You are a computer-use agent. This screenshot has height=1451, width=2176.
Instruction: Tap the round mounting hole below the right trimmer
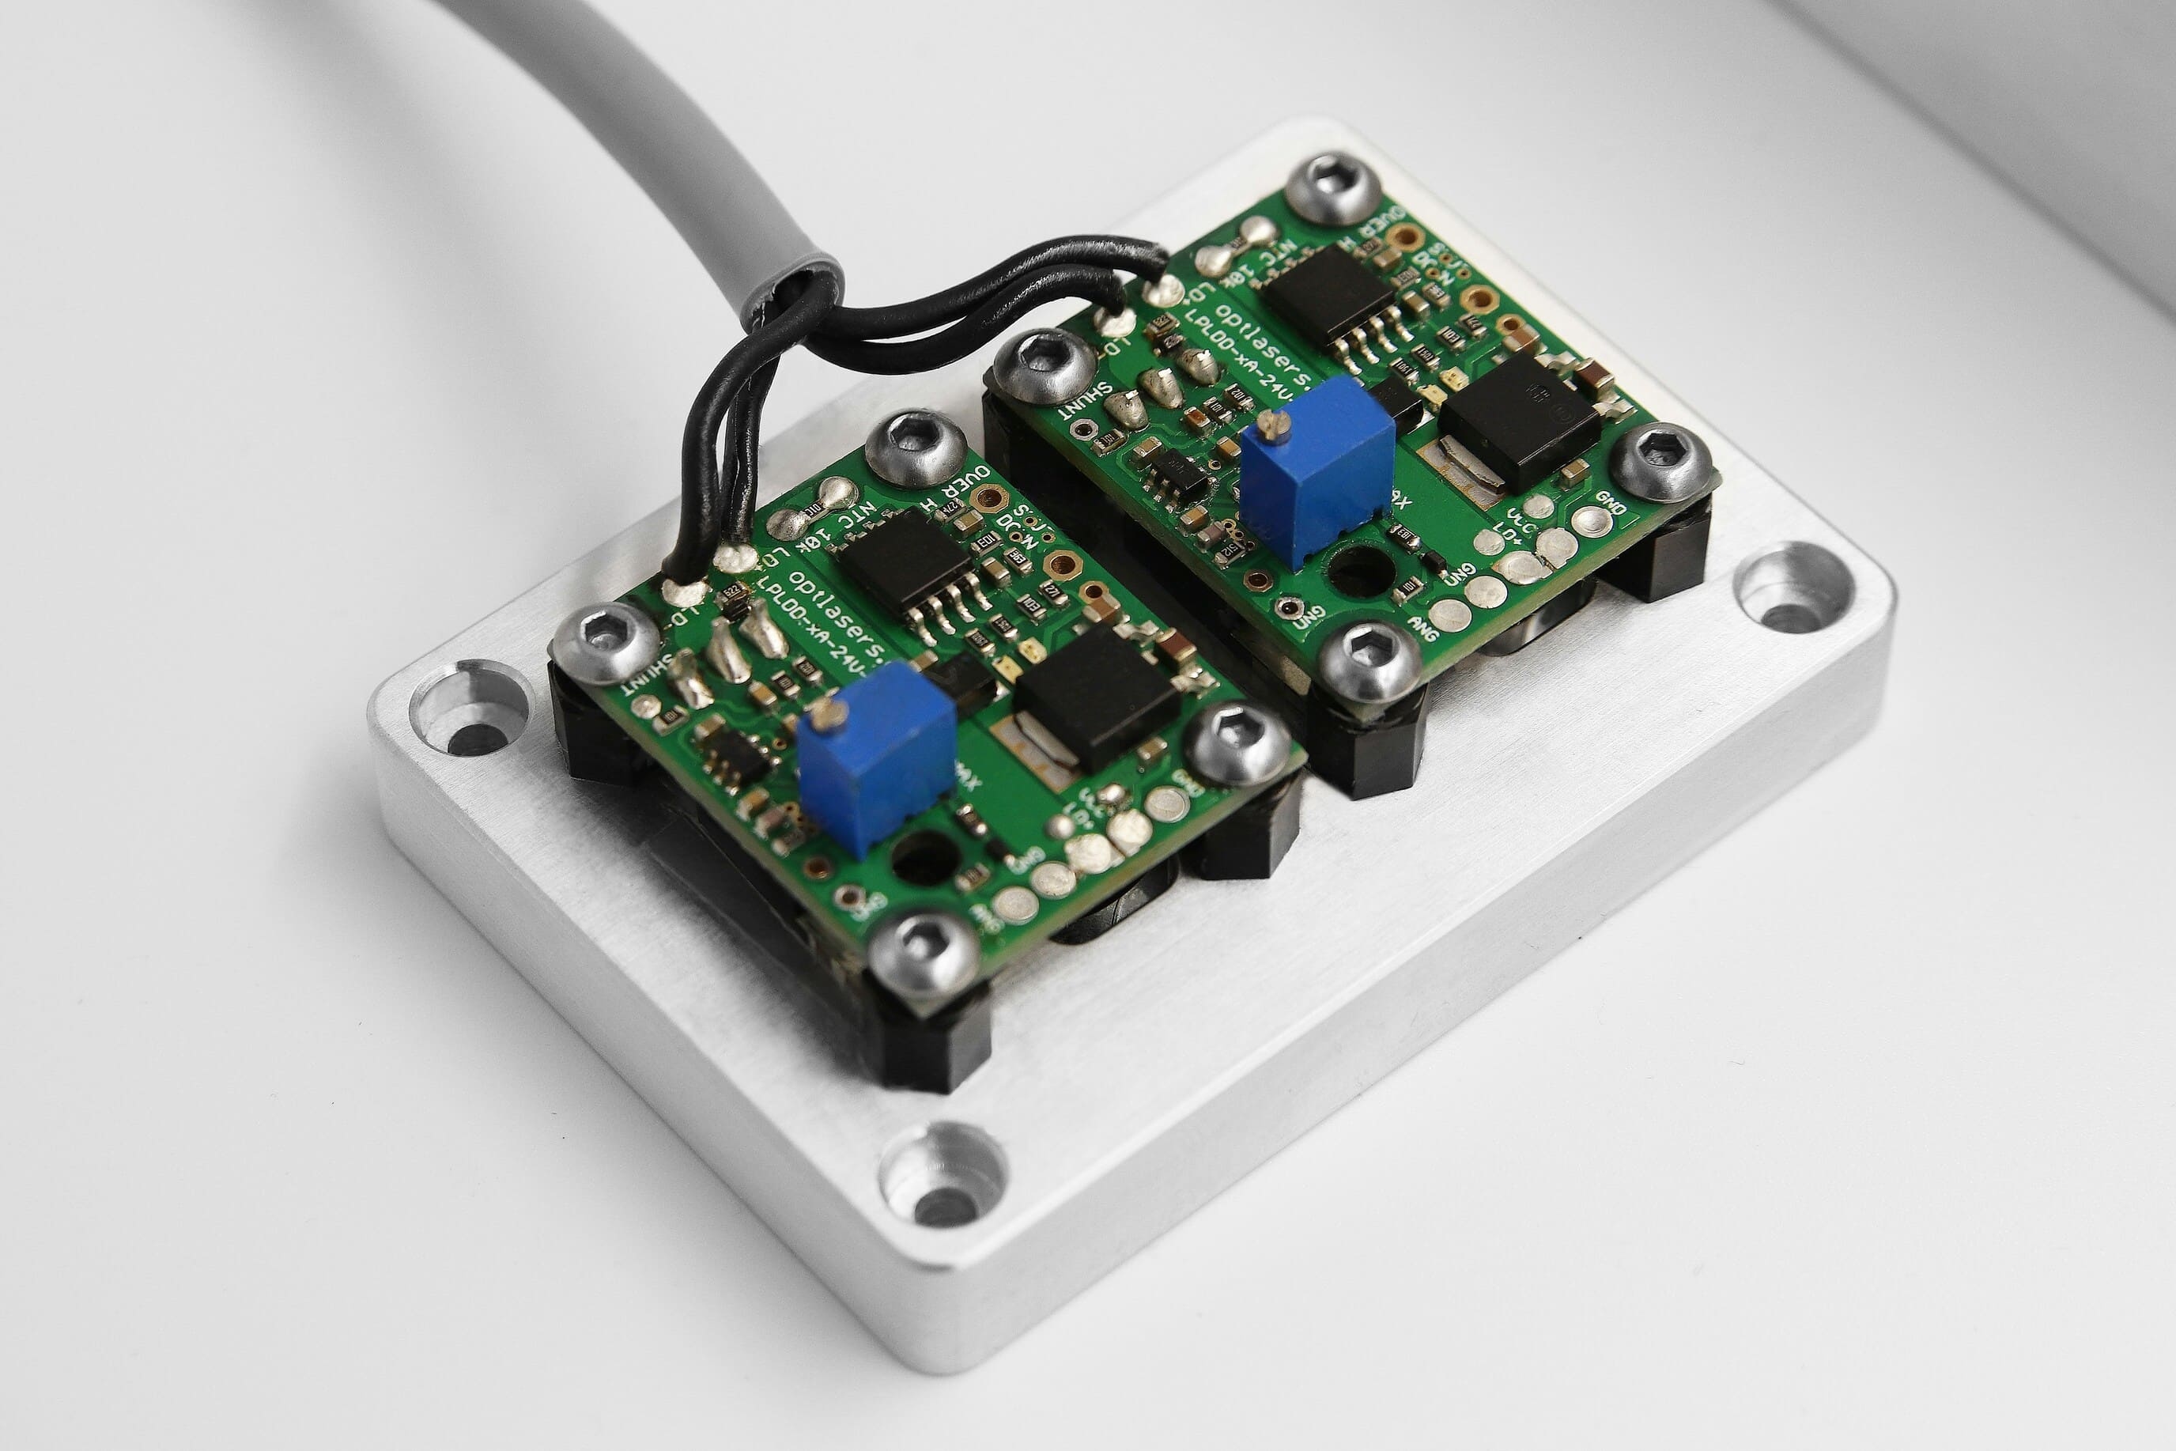coord(1360,569)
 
